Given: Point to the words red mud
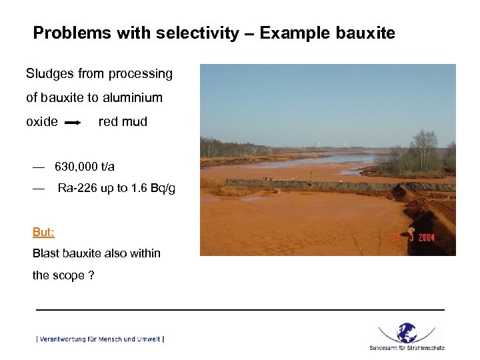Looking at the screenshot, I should [x=123, y=121].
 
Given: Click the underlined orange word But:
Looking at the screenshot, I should [x=43, y=232].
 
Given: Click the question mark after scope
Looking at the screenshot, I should [x=91, y=275].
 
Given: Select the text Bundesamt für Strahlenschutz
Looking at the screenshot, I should [x=407, y=347].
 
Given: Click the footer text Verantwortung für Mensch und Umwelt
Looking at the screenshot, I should [x=100, y=339].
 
